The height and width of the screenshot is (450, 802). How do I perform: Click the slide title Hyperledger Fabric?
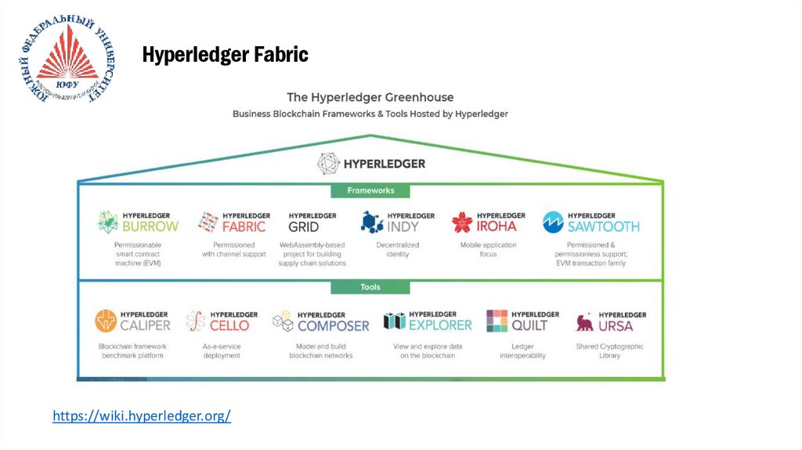[225, 55]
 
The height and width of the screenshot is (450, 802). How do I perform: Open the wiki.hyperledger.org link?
[142, 416]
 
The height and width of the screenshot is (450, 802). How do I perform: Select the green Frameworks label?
[370, 191]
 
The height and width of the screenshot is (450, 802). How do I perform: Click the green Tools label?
[370, 287]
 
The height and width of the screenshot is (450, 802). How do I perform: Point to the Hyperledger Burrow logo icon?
[107, 222]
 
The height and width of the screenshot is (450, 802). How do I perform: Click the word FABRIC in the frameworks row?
[244, 227]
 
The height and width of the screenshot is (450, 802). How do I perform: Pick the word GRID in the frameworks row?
[304, 227]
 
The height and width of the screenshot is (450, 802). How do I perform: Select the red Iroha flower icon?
[462, 222]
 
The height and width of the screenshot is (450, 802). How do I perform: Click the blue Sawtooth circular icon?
[553, 222]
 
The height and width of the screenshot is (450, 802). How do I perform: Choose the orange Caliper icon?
[106, 321]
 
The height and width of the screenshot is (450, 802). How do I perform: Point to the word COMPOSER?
[333, 325]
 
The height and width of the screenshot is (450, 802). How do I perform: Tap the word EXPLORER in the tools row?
[440, 324]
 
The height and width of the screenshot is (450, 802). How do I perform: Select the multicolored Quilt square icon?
[497, 321]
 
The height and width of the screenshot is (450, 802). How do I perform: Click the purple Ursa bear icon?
[584, 321]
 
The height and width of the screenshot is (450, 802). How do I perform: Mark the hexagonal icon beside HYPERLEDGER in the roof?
[328, 164]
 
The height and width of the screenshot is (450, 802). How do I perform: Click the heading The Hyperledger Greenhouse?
[370, 97]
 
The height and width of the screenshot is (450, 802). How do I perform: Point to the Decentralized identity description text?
[397, 249]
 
